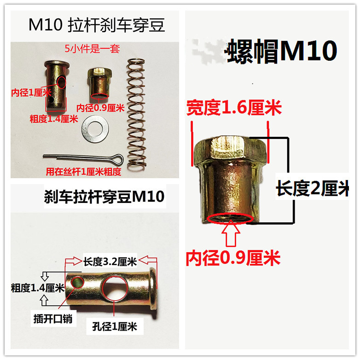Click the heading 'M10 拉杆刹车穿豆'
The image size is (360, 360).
coord(96,25)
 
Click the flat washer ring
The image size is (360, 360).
coord(94,131)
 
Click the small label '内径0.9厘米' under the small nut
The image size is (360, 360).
coord(100,109)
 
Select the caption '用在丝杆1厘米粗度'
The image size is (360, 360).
coord(83,172)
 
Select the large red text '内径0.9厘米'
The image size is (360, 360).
coord(233,259)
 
